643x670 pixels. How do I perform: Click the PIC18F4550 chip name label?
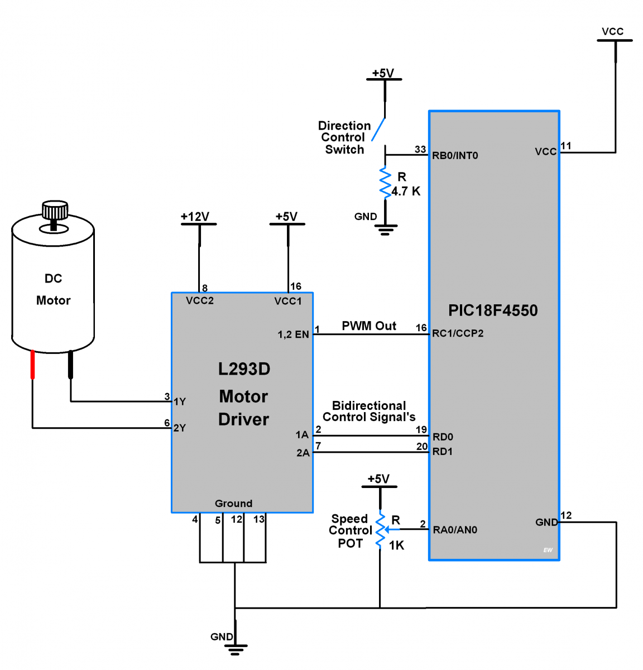pyautogui.click(x=493, y=310)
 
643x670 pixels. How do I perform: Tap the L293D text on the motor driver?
pyautogui.click(x=244, y=369)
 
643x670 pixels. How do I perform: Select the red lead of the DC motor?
pyautogui.click(x=32, y=365)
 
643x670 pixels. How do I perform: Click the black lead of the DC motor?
pyautogui.click(x=70, y=365)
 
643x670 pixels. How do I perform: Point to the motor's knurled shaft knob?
pyautogui.click(x=55, y=210)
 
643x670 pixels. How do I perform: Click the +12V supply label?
pyautogui.click(x=195, y=217)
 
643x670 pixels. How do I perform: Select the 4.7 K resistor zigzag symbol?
pyautogui.click(x=385, y=183)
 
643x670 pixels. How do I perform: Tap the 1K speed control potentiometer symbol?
pyautogui.click(x=381, y=530)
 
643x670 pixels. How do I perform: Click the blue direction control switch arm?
pyautogui.click(x=378, y=129)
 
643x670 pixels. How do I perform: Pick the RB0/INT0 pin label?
pyautogui.click(x=455, y=156)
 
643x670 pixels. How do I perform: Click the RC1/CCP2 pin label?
pyautogui.click(x=458, y=333)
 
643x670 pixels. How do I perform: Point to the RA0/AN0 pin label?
pyautogui.click(x=455, y=530)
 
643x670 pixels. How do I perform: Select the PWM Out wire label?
pyautogui.click(x=369, y=326)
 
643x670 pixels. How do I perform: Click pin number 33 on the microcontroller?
pyautogui.click(x=420, y=150)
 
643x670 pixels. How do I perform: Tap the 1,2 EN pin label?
pyautogui.click(x=293, y=334)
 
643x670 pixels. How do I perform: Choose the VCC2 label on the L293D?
pyautogui.click(x=200, y=301)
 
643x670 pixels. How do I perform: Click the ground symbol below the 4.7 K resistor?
pyautogui.click(x=386, y=229)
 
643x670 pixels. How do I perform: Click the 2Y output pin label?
pyautogui.click(x=179, y=428)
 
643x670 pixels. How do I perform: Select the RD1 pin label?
pyautogui.click(x=443, y=451)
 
